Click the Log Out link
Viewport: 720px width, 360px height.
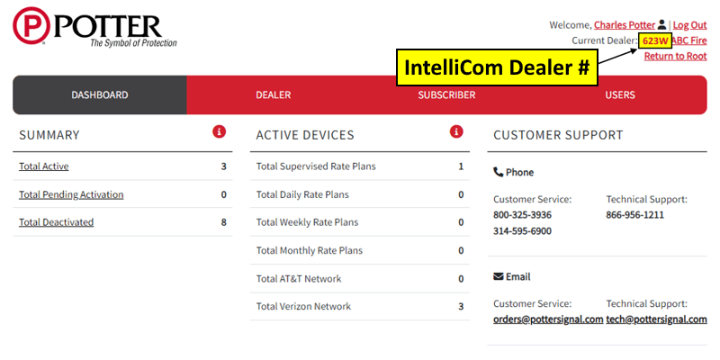[689, 25]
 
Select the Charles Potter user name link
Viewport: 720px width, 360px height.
[625, 25]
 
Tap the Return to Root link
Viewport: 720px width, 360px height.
[676, 56]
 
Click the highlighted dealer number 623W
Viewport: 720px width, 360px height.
[655, 40]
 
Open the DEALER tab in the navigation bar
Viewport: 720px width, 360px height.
[274, 95]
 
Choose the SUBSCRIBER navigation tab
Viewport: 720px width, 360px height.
[446, 95]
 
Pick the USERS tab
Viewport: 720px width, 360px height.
[620, 95]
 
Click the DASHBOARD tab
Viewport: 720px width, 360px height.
[100, 95]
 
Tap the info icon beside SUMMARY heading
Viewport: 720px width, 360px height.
[219, 132]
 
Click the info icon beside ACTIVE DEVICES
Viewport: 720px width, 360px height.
[456, 132]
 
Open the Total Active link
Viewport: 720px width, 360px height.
[43, 166]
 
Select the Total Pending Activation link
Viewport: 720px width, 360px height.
[71, 194]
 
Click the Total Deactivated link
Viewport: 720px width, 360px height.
[56, 222]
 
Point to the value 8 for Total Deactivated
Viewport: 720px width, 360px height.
[223, 222]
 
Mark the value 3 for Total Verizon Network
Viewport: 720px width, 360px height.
[461, 306]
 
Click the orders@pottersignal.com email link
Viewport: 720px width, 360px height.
[548, 319]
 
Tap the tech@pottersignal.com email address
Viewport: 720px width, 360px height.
[657, 319]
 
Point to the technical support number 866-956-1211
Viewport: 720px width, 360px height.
[635, 215]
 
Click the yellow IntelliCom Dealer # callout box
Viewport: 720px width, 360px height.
[497, 67]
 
